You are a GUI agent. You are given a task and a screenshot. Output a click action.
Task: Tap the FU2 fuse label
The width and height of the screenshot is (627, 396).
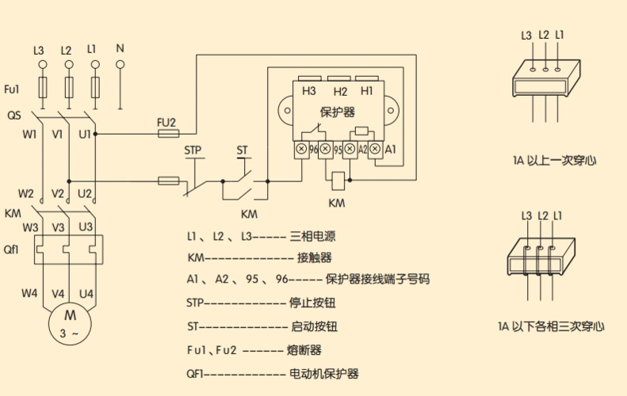166,122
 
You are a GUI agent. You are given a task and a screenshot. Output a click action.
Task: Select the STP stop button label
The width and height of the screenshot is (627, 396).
193,149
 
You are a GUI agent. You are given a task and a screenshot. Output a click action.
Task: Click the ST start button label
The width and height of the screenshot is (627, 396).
242,149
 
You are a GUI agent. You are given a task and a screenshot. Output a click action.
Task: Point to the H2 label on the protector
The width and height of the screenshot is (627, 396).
341,92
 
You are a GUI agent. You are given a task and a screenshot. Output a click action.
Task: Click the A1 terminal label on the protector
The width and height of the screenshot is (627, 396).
390,149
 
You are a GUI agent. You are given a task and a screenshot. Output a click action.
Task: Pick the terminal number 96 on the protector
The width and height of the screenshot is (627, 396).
314,149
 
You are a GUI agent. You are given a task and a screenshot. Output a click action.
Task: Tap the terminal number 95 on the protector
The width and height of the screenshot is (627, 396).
338,149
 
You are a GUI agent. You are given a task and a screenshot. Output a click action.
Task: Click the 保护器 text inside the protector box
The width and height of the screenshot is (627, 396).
338,112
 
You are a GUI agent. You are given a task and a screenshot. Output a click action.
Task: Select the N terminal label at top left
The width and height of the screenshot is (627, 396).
120,48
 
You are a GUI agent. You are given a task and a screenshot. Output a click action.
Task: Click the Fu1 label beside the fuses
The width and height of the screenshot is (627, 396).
12,88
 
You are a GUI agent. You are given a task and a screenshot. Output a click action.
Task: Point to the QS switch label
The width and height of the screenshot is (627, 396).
14,116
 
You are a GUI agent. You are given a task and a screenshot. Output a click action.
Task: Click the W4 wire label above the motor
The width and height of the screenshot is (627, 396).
29,293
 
